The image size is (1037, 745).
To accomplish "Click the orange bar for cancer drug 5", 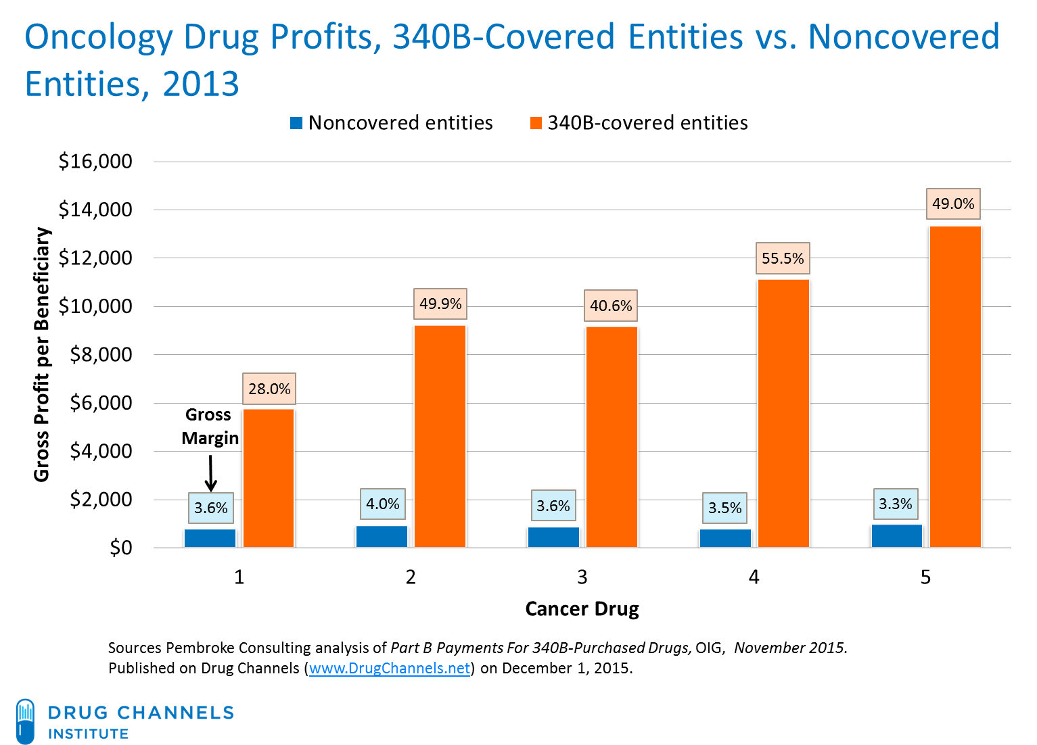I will pyautogui.click(x=954, y=386).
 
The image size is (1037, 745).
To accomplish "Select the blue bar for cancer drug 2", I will pyautogui.click(x=382, y=536).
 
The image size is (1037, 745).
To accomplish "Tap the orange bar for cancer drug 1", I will pyautogui.click(x=269, y=477).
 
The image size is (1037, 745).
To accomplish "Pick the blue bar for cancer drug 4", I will pyautogui.click(x=725, y=538).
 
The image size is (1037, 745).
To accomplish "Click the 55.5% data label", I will pyautogui.click(x=783, y=258).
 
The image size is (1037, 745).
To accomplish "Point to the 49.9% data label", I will pyautogui.click(x=440, y=304).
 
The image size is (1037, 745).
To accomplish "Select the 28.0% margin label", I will pyautogui.click(x=269, y=389).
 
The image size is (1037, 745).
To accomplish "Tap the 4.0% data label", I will pyautogui.click(x=383, y=504).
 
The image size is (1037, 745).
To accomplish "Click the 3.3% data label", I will pyautogui.click(x=895, y=504).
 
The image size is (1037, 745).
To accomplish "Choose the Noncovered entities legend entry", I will pyautogui.click(x=392, y=123).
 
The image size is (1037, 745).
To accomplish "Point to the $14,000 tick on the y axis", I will pyautogui.click(x=95, y=210).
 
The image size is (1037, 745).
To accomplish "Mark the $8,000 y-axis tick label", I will pyautogui.click(x=101, y=355).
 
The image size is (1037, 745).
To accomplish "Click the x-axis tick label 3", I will pyautogui.click(x=582, y=577).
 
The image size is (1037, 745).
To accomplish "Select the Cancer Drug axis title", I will pyautogui.click(x=582, y=609).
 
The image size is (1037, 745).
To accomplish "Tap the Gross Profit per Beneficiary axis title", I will pyautogui.click(x=42, y=355).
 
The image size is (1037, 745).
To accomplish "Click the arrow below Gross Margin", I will pyautogui.click(x=210, y=473).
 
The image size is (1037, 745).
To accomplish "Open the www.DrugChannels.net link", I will pyautogui.click(x=390, y=668).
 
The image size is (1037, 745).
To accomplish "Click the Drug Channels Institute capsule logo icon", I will pyautogui.click(x=25, y=721).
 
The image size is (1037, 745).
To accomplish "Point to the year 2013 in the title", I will pyautogui.click(x=200, y=85).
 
